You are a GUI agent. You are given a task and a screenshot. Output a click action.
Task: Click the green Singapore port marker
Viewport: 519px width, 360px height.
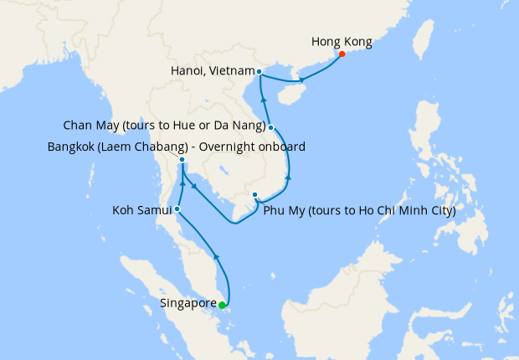coord(222,305)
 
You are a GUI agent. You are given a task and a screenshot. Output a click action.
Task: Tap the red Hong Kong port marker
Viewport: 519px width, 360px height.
coord(342,55)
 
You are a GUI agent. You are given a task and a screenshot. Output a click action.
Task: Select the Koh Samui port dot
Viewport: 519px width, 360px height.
coord(177,208)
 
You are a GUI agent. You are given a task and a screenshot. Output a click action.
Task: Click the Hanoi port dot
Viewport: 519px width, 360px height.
coord(259,71)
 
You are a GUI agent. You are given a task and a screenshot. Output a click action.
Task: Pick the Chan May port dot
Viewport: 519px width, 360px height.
coord(271,127)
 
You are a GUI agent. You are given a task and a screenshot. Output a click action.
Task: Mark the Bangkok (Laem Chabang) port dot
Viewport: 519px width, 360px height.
coord(182,159)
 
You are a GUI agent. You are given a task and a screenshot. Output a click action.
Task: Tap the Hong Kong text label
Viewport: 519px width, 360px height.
coord(341,40)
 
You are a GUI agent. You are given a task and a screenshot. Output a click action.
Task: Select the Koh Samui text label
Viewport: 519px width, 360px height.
coord(141,211)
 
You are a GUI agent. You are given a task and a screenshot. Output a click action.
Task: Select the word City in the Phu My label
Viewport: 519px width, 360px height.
coord(442,211)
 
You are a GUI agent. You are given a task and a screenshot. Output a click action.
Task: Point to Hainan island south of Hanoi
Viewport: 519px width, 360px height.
coord(290,94)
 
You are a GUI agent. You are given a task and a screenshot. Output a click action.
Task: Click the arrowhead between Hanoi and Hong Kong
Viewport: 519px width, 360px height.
coord(301,80)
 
